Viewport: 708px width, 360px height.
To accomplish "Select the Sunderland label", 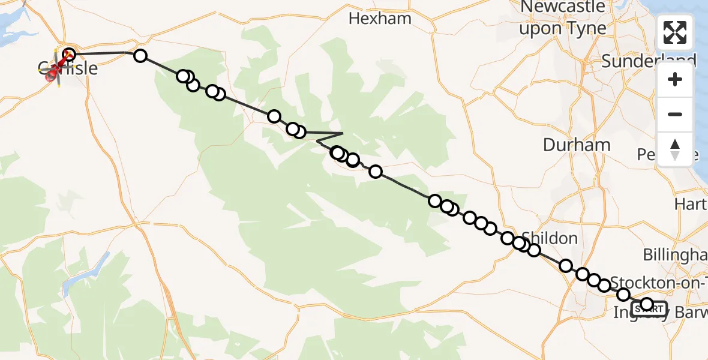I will coord(648,61).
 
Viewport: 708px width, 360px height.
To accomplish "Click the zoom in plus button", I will coord(675,80).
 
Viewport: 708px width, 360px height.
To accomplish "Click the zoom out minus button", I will coord(675,114).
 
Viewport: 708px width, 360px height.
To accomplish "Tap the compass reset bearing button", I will coord(675,149).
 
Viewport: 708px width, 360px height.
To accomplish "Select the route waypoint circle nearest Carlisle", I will coord(69,55).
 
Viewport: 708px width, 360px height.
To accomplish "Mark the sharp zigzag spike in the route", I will coord(342,133).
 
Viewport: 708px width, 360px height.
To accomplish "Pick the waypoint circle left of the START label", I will coord(624,295).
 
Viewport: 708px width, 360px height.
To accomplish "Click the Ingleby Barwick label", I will coord(660,313).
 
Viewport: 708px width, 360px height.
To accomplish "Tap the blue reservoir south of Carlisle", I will coord(84,273).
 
